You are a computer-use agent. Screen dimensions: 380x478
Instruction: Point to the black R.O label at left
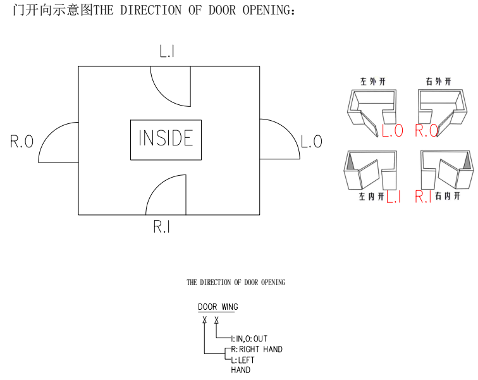click(x=21, y=142)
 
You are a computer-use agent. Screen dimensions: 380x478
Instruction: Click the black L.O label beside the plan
click(x=311, y=142)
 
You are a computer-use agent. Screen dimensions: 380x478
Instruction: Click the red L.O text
click(x=393, y=131)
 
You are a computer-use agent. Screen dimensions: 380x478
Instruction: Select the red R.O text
click(x=427, y=131)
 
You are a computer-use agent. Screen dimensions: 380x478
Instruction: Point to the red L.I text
click(x=393, y=197)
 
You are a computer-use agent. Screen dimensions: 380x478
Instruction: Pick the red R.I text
click(x=423, y=197)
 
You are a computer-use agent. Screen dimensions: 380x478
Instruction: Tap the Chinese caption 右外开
click(x=439, y=82)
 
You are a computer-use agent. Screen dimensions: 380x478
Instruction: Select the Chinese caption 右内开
click(x=446, y=197)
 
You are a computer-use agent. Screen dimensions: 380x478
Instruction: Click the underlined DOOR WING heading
click(x=218, y=307)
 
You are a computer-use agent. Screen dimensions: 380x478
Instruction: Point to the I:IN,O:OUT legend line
click(x=249, y=339)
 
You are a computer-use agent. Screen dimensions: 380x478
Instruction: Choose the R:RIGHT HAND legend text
click(x=257, y=349)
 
